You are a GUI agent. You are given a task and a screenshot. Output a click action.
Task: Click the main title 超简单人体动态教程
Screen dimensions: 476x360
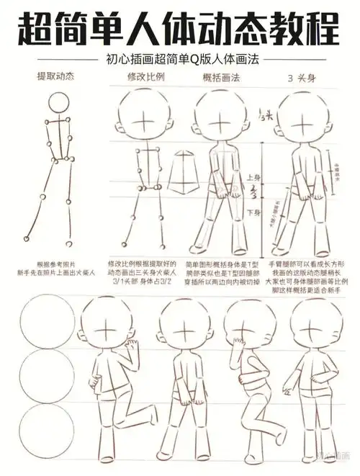point(179,27)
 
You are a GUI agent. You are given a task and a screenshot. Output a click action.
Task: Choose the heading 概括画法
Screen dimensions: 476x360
point(215,77)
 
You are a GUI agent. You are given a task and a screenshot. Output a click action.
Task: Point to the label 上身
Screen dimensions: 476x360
point(253,177)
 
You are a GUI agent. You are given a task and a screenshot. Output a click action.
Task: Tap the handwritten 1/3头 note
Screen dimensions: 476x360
point(264,115)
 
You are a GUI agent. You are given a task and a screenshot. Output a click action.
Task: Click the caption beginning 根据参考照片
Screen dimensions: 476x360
point(55,269)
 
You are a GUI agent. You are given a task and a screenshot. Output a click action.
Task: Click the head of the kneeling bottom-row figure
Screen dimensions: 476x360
point(107,325)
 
